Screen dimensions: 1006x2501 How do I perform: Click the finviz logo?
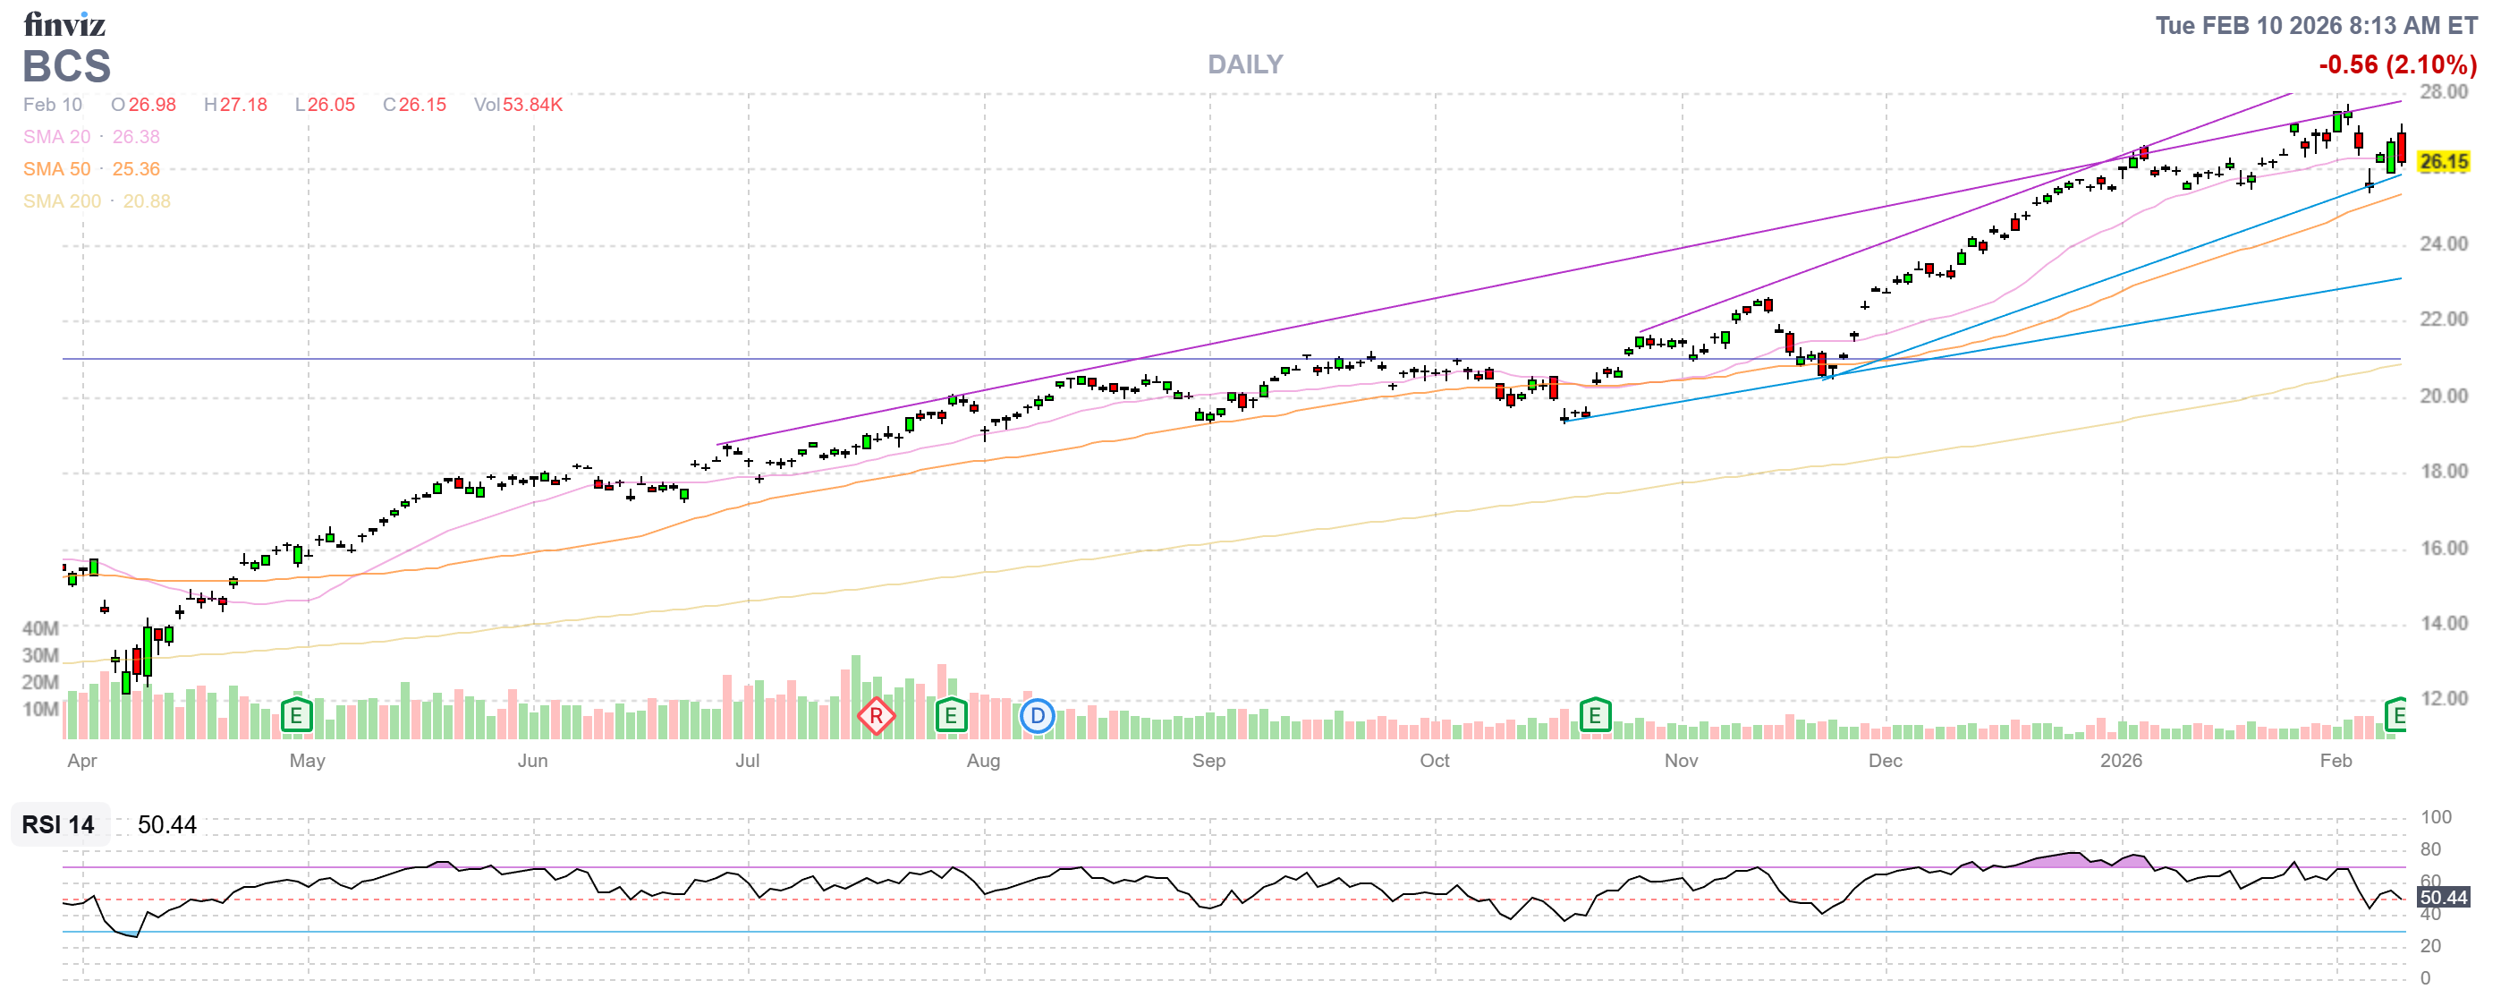coord(64,23)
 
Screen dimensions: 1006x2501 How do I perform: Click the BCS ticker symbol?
coord(67,67)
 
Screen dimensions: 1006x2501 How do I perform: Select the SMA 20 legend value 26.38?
coord(136,137)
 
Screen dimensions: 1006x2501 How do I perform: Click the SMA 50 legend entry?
coord(91,169)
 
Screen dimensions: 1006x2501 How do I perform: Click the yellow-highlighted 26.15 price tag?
coord(2442,161)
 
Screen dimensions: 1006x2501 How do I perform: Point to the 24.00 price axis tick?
coord(2442,243)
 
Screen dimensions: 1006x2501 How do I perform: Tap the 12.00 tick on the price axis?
coord(2442,698)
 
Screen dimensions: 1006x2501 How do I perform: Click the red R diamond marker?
coord(876,717)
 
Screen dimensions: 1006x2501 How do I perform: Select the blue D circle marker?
coord(1037,717)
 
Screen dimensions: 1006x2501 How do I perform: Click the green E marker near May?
coord(296,717)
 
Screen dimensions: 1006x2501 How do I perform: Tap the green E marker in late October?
coord(1594,717)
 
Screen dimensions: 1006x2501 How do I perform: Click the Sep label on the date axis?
coord(1208,761)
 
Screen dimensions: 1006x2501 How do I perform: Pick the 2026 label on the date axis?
coord(2121,761)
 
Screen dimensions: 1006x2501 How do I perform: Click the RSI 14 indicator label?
coord(58,824)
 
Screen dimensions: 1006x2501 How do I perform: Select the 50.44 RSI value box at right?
coord(2442,897)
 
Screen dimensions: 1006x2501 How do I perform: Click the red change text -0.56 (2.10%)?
coord(2396,65)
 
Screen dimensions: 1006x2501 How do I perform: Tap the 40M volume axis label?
coord(41,628)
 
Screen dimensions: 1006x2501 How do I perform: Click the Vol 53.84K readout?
coord(519,105)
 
